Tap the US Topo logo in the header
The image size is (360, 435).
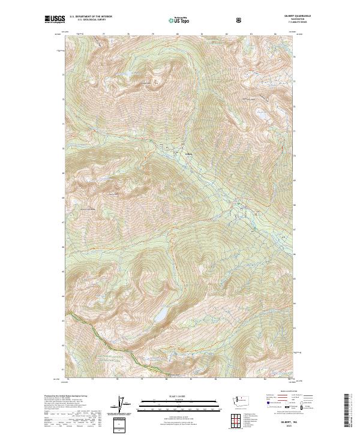point(179,20)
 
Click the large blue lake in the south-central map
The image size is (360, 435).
point(161,314)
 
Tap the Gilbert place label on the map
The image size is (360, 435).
point(188,154)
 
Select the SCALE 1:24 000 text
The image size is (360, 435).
point(179,396)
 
